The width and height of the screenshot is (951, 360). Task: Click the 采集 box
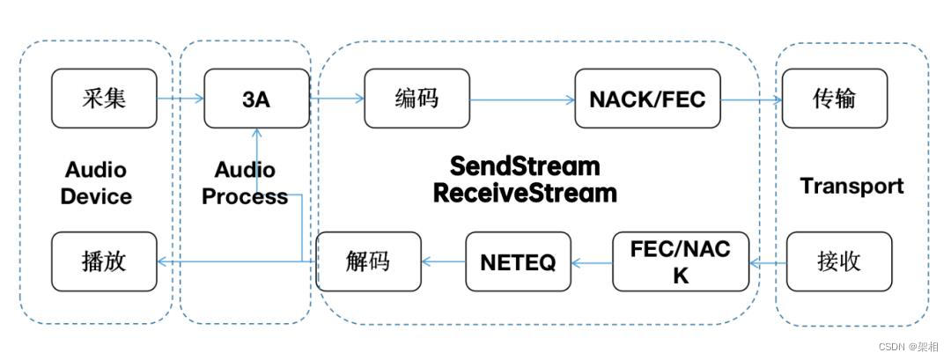(x=104, y=98)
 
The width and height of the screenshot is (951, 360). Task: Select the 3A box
(x=256, y=99)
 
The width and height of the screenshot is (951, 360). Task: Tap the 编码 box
(x=417, y=99)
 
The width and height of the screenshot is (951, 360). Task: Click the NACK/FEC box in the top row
(x=647, y=99)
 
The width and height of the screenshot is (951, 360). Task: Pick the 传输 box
(x=834, y=99)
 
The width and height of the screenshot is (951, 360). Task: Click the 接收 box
(x=838, y=261)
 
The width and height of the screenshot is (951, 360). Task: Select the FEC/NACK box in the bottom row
(x=680, y=261)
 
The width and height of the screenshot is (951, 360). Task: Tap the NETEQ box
(x=518, y=261)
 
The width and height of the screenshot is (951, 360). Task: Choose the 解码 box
(x=368, y=261)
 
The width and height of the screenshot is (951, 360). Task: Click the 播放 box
(x=104, y=261)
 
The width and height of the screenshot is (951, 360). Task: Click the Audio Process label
(x=245, y=183)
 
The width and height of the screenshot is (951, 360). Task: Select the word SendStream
(x=525, y=165)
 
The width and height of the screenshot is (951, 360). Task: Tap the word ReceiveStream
(x=525, y=193)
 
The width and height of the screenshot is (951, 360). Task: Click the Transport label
(x=851, y=186)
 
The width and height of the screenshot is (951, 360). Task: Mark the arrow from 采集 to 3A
(x=181, y=99)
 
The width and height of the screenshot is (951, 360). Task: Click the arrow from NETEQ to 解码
(x=443, y=261)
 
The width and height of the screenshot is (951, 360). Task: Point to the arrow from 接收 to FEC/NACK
(x=767, y=261)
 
